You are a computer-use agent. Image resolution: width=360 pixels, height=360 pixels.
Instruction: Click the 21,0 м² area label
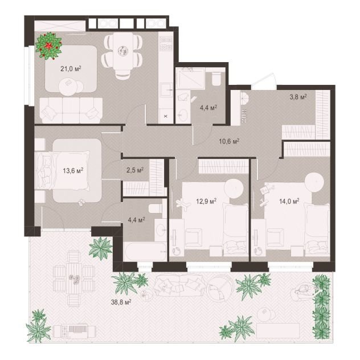coord(71,69)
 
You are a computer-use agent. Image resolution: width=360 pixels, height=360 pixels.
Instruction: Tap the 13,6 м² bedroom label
coord(73,170)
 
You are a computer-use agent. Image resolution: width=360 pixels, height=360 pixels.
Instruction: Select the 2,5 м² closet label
coord(135,170)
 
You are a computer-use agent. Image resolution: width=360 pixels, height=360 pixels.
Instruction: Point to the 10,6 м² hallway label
coord(229,141)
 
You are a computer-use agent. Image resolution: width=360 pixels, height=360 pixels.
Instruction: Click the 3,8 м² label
coord(298,97)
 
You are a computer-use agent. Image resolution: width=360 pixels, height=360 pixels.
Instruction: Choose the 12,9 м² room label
coord(207,201)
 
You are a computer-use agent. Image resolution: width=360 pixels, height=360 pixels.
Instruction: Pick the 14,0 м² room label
coord(289,201)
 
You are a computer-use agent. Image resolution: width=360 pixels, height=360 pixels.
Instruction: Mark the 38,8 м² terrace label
coord(121,302)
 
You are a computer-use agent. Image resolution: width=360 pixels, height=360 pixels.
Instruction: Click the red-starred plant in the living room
coord(48,46)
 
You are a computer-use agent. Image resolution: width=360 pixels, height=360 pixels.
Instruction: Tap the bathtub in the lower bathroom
coord(145,251)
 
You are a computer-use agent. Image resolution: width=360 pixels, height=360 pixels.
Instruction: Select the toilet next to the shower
coord(216,79)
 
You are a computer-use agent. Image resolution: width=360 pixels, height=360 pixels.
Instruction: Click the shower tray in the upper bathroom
coord(190,79)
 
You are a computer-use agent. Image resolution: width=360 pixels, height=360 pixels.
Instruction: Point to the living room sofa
coord(71,110)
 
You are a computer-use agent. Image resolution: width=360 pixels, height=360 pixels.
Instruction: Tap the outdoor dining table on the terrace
coord(74,277)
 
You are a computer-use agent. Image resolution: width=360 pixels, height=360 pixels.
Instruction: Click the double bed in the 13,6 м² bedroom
coord(63,170)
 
